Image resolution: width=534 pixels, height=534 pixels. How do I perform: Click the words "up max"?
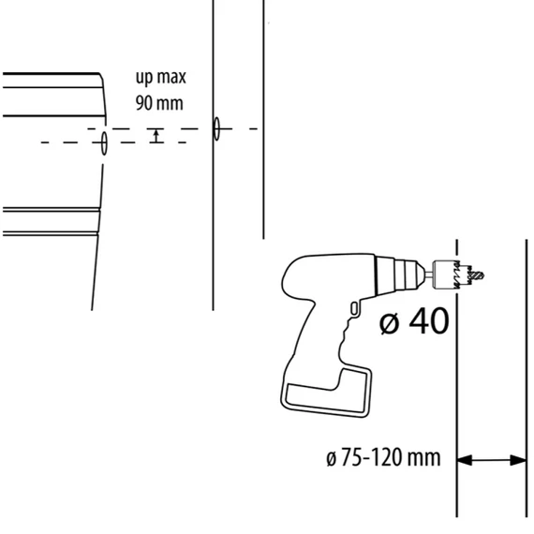point(161,78)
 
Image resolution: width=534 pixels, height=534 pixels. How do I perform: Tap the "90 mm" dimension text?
point(159,103)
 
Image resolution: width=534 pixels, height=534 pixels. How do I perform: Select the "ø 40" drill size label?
point(414,321)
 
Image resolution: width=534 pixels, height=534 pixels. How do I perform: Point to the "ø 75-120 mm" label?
point(383,457)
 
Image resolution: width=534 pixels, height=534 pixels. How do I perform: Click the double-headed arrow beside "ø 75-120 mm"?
point(492,460)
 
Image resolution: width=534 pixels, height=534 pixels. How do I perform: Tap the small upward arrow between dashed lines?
point(156,136)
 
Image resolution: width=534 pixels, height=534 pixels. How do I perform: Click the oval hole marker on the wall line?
point(216,128)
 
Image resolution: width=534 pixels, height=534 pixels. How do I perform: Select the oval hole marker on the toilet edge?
point(104,143)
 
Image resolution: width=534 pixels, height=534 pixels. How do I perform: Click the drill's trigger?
point(354,308)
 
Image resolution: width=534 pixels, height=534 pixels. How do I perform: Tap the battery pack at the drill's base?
point(326,393)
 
